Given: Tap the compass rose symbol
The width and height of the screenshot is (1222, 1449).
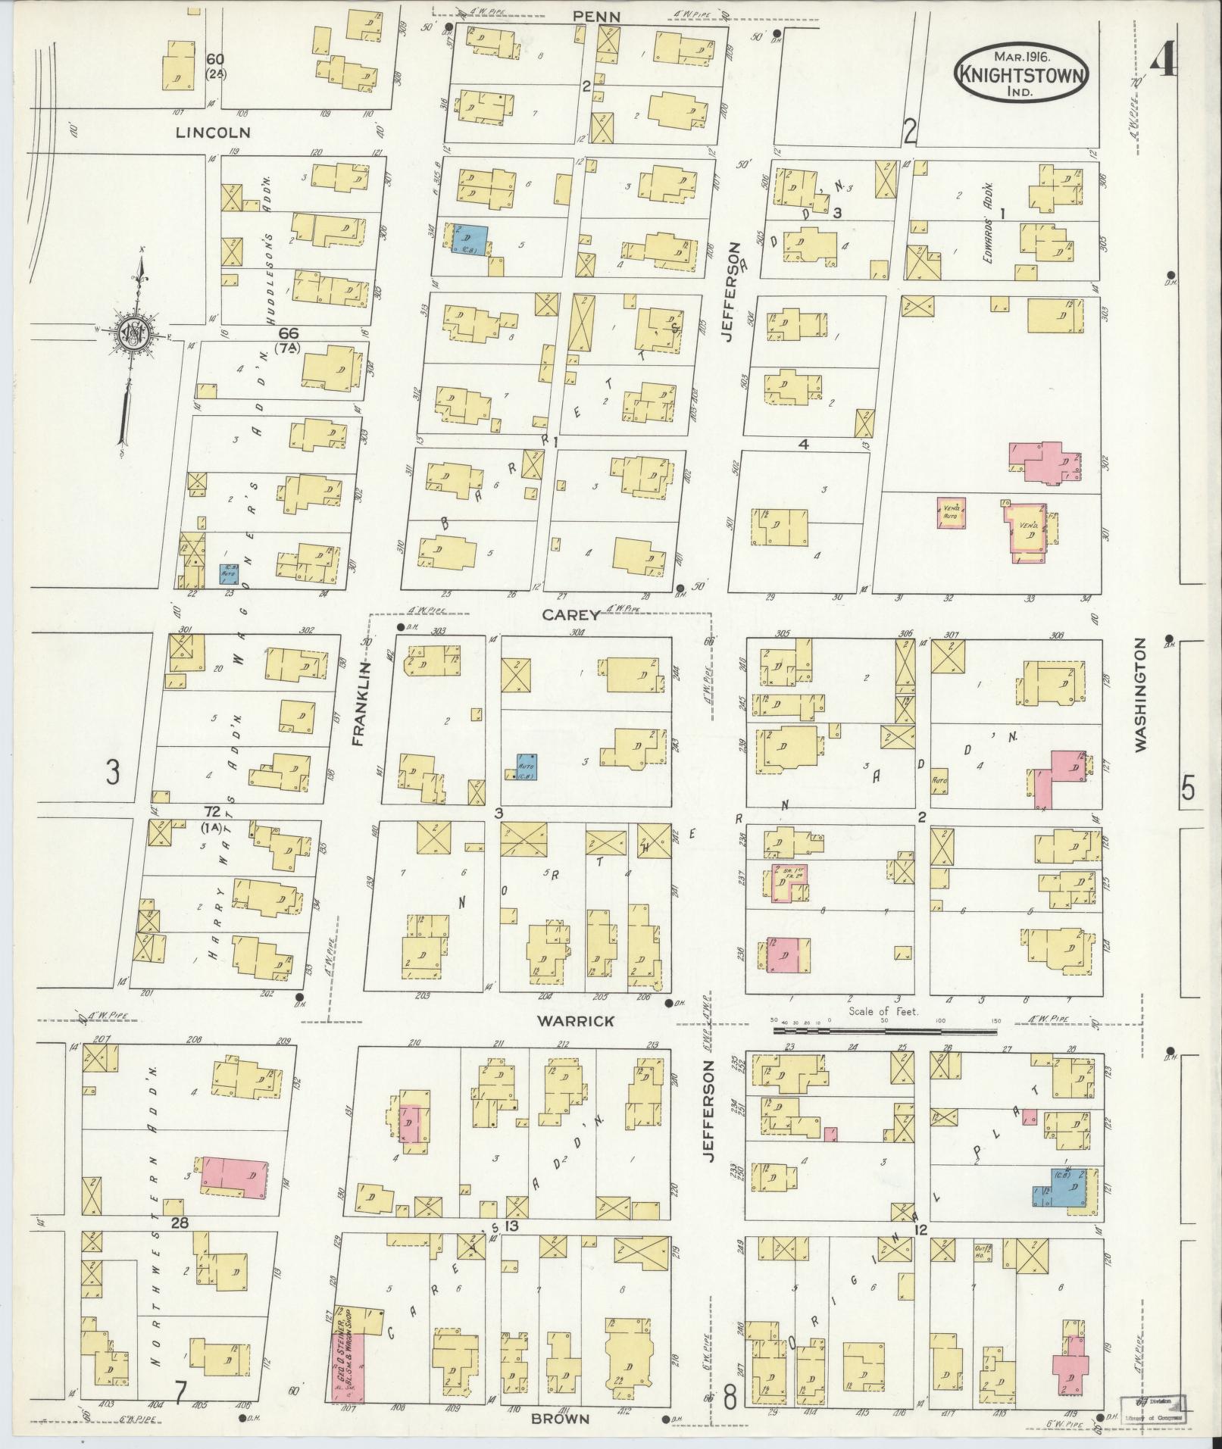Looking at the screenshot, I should coord(131,334).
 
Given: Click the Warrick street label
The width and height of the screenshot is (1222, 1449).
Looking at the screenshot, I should coord(575,1021).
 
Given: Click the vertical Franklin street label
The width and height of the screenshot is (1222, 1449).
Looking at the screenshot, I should coord(358,704).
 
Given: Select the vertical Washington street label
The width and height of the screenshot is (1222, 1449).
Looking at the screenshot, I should coord(1141,695).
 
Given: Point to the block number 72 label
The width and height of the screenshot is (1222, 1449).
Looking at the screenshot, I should coord(212,811).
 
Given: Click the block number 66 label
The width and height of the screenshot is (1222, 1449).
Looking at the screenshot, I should coord(289,333).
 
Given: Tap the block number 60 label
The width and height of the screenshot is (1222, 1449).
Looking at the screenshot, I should coord(215,59).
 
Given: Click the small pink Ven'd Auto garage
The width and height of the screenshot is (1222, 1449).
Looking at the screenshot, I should coord(952,513).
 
